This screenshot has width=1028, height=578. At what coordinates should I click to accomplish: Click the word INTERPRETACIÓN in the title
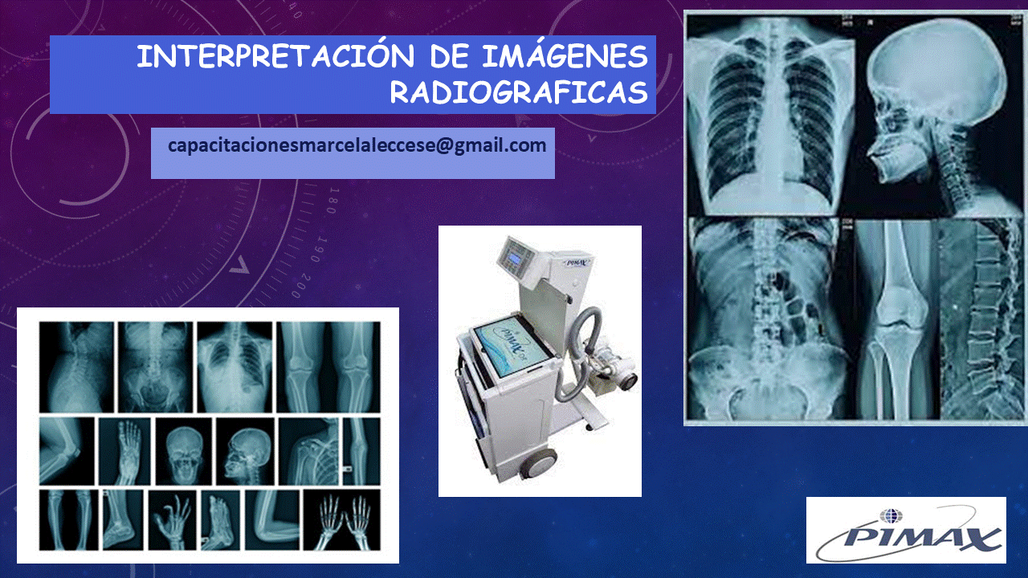[x=275, y=56]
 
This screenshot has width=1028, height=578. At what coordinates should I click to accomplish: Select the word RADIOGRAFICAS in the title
[x=519, y=92]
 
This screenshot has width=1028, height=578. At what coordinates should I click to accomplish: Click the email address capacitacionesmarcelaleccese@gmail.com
[x=357, y=146]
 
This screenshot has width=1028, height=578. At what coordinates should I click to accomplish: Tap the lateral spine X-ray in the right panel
[x=981, y=319]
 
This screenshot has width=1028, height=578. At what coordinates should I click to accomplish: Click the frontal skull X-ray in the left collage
[x=184, y=451]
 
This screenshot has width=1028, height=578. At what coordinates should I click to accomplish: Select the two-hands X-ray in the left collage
[x=342, y=520]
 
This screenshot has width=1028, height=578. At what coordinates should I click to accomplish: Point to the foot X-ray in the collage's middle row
[x=124, y=451]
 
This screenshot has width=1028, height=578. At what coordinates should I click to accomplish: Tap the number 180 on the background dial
[x=333, y=201]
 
